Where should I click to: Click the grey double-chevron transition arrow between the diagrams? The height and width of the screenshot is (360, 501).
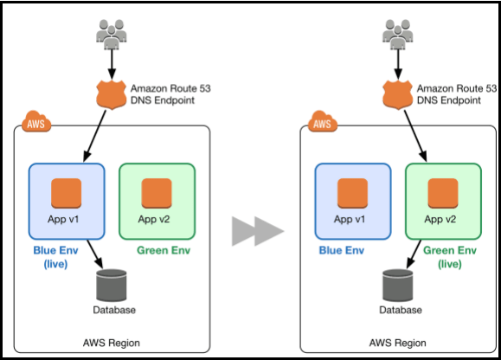[x=257, y=231]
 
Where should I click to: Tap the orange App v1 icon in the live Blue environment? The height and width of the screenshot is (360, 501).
[x=67, y=192]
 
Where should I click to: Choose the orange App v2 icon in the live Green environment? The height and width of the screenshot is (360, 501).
[x=443, y=192]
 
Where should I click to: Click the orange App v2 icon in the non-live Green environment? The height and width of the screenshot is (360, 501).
[x=157, y=192]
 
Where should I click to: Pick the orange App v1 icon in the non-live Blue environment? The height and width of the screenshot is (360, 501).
[x=353, y=192]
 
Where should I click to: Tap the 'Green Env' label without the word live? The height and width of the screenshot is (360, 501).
[x=162, y=251]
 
